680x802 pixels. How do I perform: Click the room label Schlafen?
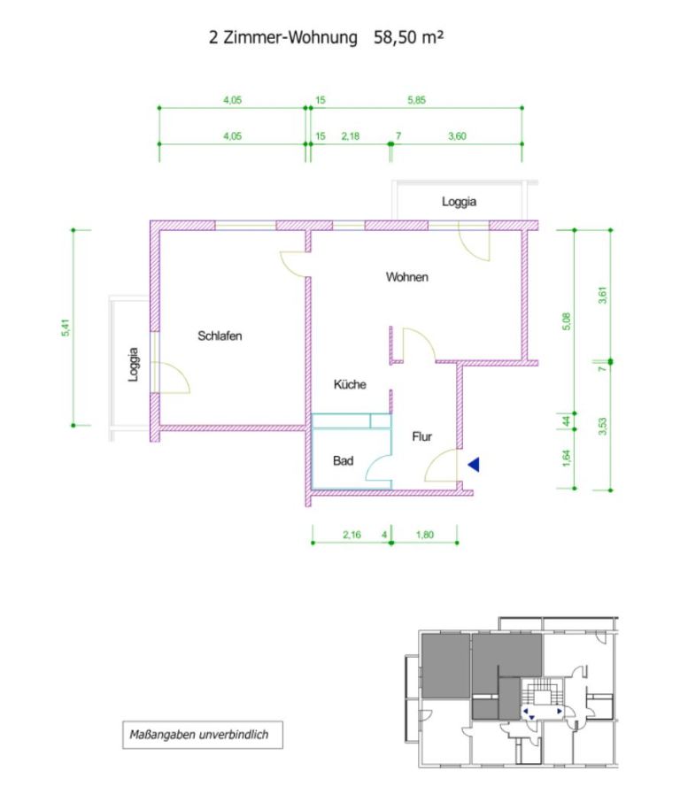220,336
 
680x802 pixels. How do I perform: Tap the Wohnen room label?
406,277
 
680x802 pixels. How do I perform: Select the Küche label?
350,384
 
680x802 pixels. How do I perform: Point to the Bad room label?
343,461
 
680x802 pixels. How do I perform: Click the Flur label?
421,436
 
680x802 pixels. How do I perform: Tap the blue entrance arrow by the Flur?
474,465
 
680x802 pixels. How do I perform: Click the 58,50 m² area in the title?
408,37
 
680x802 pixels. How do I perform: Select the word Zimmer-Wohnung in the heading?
290,37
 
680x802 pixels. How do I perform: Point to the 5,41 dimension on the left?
65,328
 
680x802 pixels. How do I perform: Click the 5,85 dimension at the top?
416,100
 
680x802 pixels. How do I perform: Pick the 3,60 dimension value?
457,136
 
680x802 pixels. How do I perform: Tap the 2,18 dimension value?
350,136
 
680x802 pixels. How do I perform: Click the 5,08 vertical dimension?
566,321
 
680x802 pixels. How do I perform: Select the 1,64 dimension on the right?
566,458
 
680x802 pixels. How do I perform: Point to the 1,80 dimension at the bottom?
425,535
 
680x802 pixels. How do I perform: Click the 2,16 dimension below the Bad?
352,535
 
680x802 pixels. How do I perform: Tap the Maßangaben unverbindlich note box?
203,735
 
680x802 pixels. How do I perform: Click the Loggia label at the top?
459,202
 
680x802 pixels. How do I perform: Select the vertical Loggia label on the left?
133,364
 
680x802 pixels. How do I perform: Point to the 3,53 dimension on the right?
602,427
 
